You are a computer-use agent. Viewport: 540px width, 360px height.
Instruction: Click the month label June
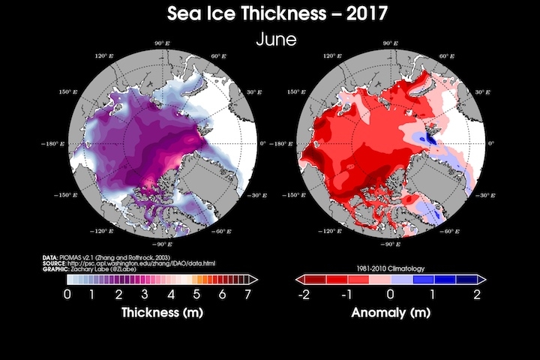271,39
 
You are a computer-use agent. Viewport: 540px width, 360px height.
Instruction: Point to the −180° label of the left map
57,142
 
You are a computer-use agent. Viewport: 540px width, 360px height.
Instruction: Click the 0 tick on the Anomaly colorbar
390,293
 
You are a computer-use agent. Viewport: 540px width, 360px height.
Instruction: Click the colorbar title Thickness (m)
162,310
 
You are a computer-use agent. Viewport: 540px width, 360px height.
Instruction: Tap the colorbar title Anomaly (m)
390,310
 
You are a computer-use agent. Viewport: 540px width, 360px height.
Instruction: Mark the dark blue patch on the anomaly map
430,137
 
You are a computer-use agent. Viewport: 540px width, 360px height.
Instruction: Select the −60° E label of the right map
451,232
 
